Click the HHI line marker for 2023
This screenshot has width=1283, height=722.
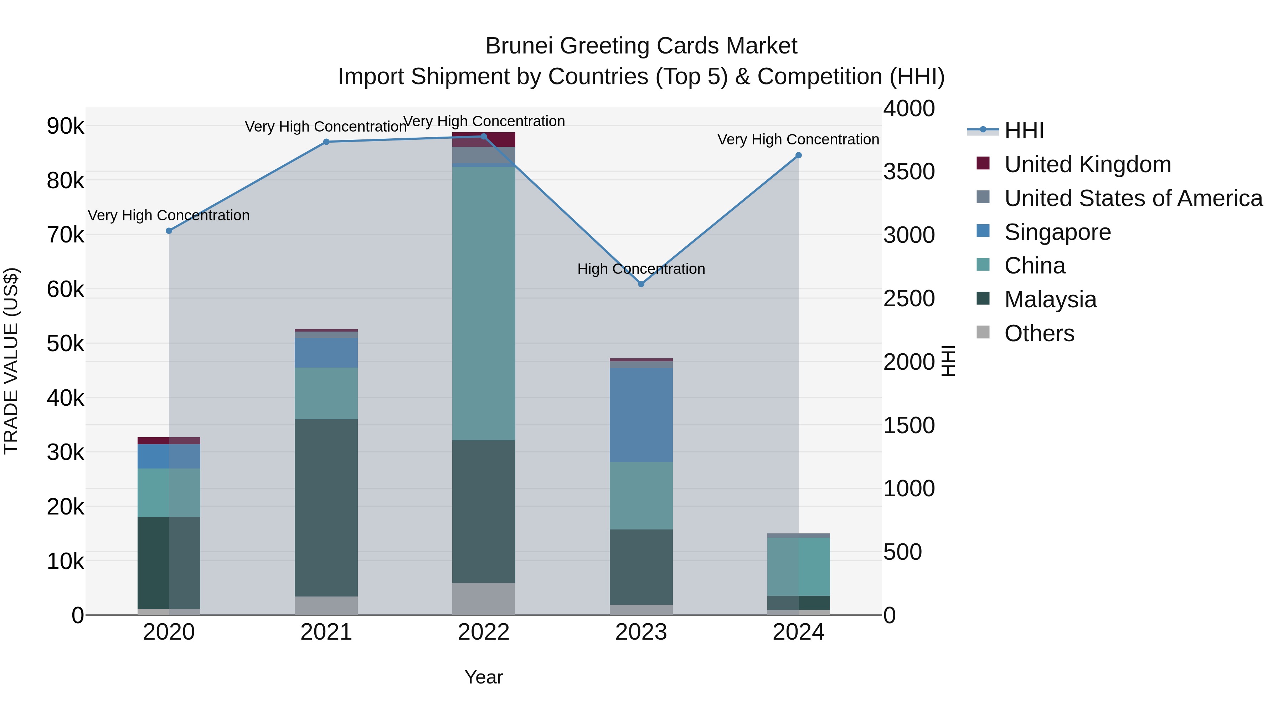coord(641,284)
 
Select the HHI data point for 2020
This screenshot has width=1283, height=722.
coord(169,231)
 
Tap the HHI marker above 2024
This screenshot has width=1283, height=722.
coord(798,155)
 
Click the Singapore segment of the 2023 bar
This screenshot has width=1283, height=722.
coord(641,415)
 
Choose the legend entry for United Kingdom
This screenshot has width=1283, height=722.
coord(1087,164)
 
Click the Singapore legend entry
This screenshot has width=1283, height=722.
coord(1057,232)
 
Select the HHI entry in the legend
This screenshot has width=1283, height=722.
coord(1024,130)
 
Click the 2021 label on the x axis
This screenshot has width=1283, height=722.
coord(326,632)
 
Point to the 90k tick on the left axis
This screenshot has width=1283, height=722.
coord(65,126)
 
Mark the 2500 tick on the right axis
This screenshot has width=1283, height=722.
coord(909,298)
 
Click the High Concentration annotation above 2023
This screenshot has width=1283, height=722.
coord(641,269)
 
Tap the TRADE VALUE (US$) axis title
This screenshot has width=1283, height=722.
coord(11,361)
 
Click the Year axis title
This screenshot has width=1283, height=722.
coord(484,677)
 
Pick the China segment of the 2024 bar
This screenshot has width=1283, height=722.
coord(798,567)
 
